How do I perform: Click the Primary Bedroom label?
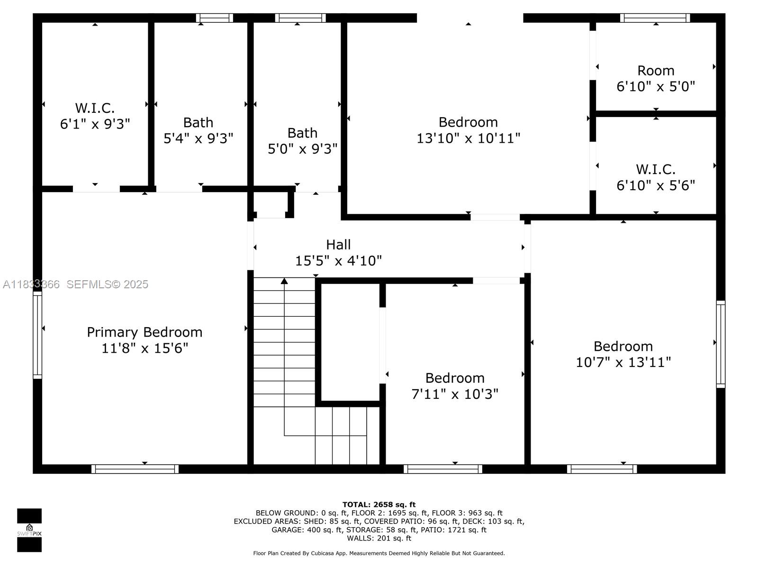(144, 332)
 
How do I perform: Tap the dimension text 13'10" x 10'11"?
(468, 138)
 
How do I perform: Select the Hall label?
(338, 245)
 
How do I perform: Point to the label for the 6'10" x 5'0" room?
(656, 71)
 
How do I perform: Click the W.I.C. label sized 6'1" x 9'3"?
(95, 108)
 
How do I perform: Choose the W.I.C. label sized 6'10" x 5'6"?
(656, 169)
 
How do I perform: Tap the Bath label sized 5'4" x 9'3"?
(198, 122)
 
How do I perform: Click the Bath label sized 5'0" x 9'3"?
(302, 133)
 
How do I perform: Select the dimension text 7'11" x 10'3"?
(455, 394)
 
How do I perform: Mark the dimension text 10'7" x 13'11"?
(623, 362)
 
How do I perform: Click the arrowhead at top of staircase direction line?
(284, 281)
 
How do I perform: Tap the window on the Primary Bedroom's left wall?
(37, 335)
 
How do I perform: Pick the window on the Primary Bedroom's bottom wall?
(135, 469)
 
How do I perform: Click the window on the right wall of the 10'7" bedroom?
(721, 344)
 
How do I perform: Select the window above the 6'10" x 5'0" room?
(655, 18)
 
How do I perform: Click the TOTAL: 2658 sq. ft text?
(379, 505)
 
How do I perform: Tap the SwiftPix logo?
(29, 530)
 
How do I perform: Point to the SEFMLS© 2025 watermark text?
(107, 284)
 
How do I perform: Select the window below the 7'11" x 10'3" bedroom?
(443, 469)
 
